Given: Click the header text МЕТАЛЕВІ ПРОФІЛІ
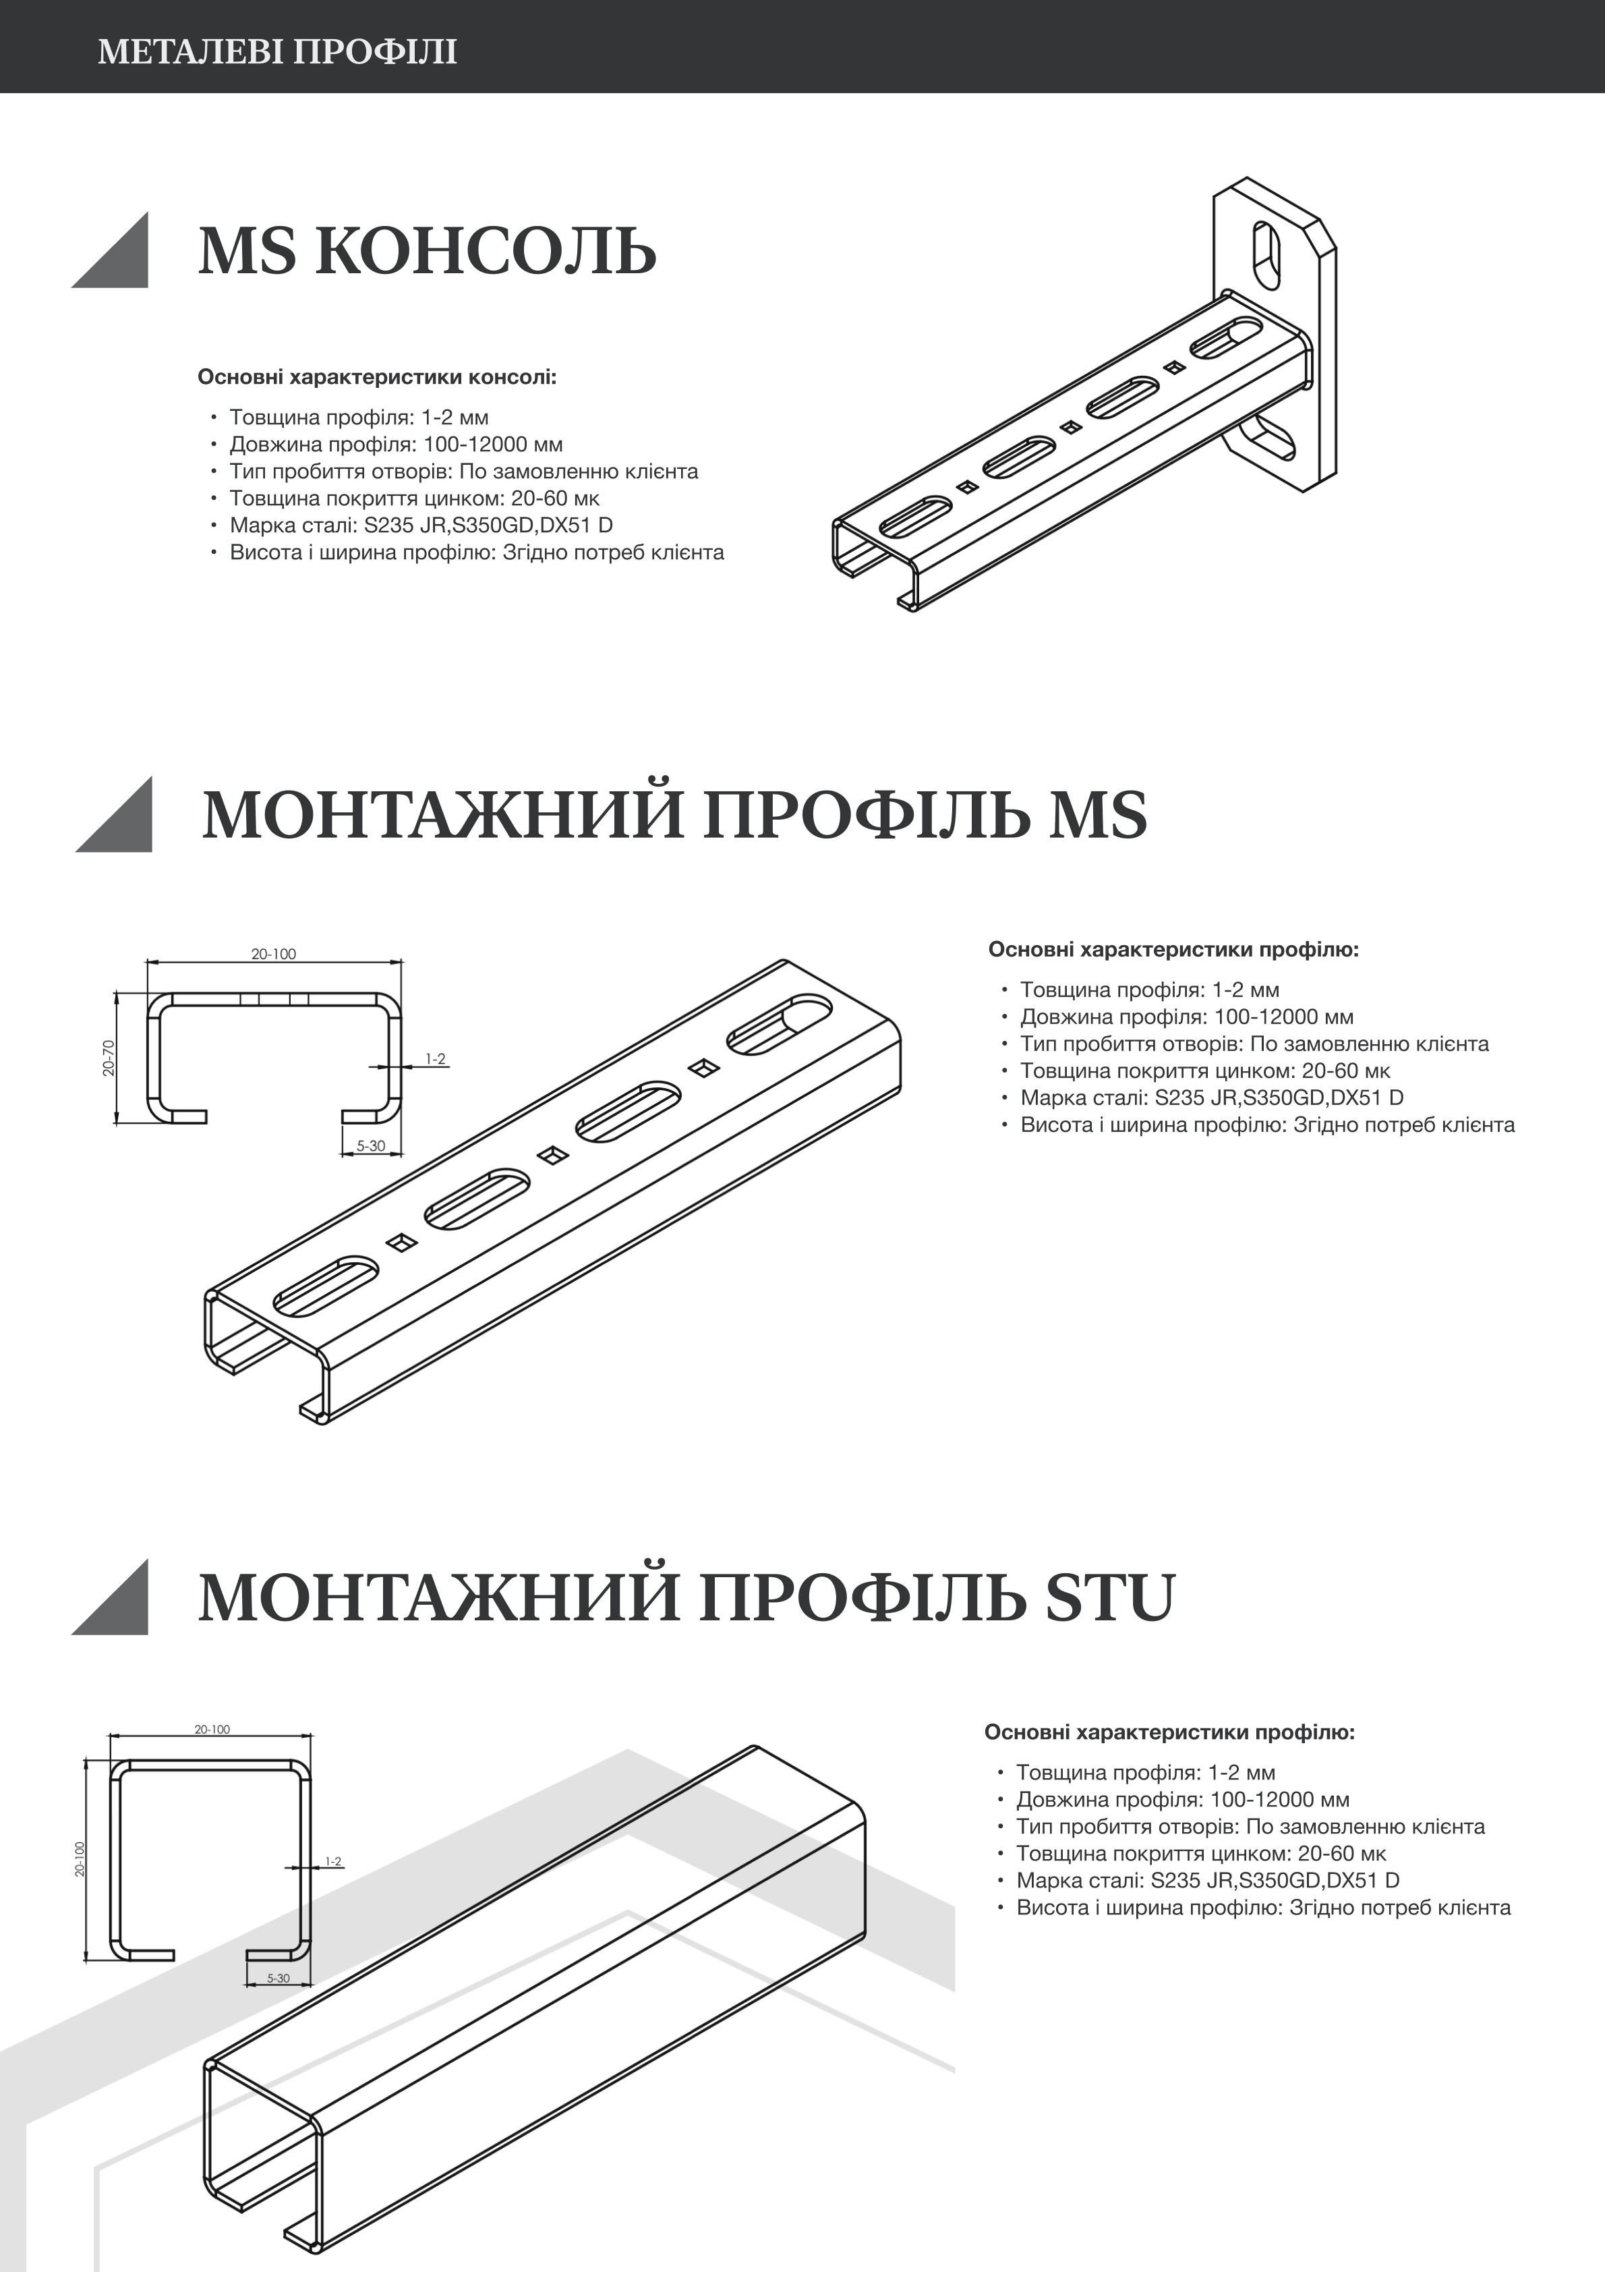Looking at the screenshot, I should pos(277,51).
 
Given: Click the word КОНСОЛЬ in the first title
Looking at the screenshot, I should pos(486,252).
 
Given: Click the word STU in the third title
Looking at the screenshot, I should pos(1109,1598).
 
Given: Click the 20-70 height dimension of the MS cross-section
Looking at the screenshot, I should pos(109,1057).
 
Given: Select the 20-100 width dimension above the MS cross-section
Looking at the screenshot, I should pos(273,954).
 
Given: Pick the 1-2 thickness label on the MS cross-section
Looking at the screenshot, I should pos(436,1059).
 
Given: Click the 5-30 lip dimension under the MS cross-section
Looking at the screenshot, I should pos(371,1146).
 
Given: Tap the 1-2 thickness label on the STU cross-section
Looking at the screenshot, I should pos(332,1861).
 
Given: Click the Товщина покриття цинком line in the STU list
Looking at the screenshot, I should pos(1200,1854).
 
